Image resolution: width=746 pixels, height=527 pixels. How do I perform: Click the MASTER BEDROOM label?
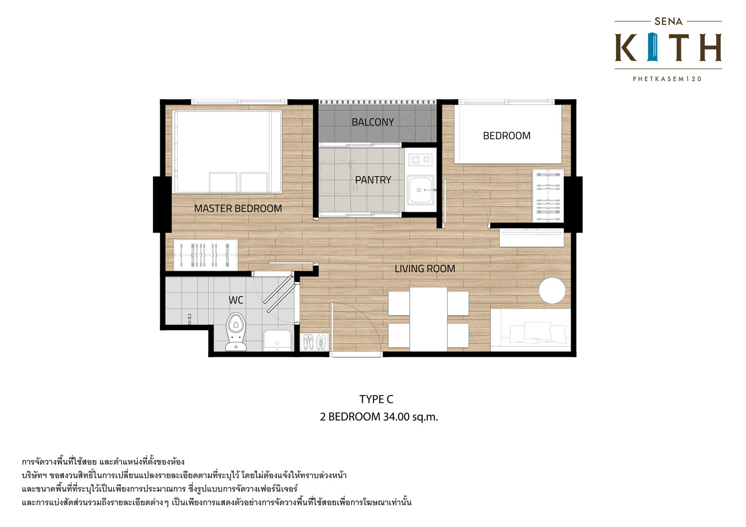pyautogui.click(x=238, y=209)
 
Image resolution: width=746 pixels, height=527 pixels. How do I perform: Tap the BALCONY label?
pyautogui.click(x=372, y=122)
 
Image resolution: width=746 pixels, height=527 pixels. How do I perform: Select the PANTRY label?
pyautogui.click(x=373, y=180)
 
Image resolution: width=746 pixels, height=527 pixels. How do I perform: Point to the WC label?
pyautogui.click(x=236, y=300)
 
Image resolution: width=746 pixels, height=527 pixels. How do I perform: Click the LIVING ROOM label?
pyautogui.click(x=425, y=269)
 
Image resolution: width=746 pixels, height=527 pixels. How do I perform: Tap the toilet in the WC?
pyautogui.click(x=236, y=331)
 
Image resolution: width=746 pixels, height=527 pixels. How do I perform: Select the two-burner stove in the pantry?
pyautogui.click(x=421, y=160)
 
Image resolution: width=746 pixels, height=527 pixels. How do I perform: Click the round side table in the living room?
pyautogui.click(x=552, y=291)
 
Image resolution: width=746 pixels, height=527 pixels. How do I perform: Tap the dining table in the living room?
pyautogui.click(x=428, y=319)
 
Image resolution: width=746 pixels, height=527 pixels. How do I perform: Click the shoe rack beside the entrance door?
pyautogui.click(x=314, y=342)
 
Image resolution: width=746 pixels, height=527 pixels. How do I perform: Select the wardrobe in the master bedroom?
pyautogui.click(x=206, y=255)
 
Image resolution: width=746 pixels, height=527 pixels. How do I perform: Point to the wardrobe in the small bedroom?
pyautogui.click(x=548, y=196)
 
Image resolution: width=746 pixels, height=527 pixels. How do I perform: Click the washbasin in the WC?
pyautogui.click(x=277, y=340)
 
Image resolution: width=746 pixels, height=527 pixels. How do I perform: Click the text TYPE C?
pyautogui.click(x=376, y=399)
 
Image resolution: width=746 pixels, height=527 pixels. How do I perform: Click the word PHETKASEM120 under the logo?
pyautogui.click(x=667, y=79)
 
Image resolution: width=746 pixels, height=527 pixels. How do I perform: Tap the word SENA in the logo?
pyautogui.click(x=668, y=22)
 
